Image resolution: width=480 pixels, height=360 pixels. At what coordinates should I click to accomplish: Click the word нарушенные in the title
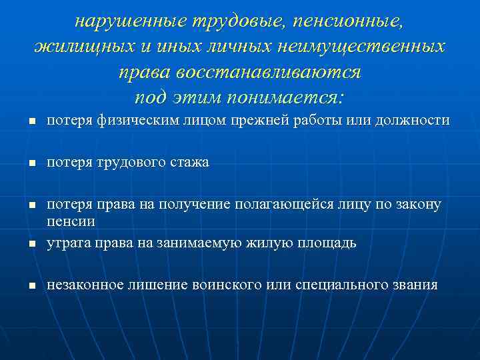pos(131,21)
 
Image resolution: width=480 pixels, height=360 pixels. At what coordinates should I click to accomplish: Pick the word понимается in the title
pos(285,98)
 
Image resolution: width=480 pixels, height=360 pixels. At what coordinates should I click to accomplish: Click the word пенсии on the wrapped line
pos(71,220)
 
